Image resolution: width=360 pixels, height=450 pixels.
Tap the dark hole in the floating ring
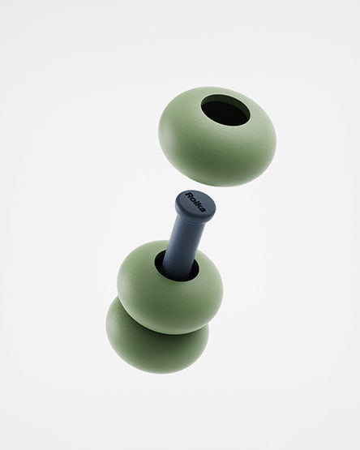[225, 112]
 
